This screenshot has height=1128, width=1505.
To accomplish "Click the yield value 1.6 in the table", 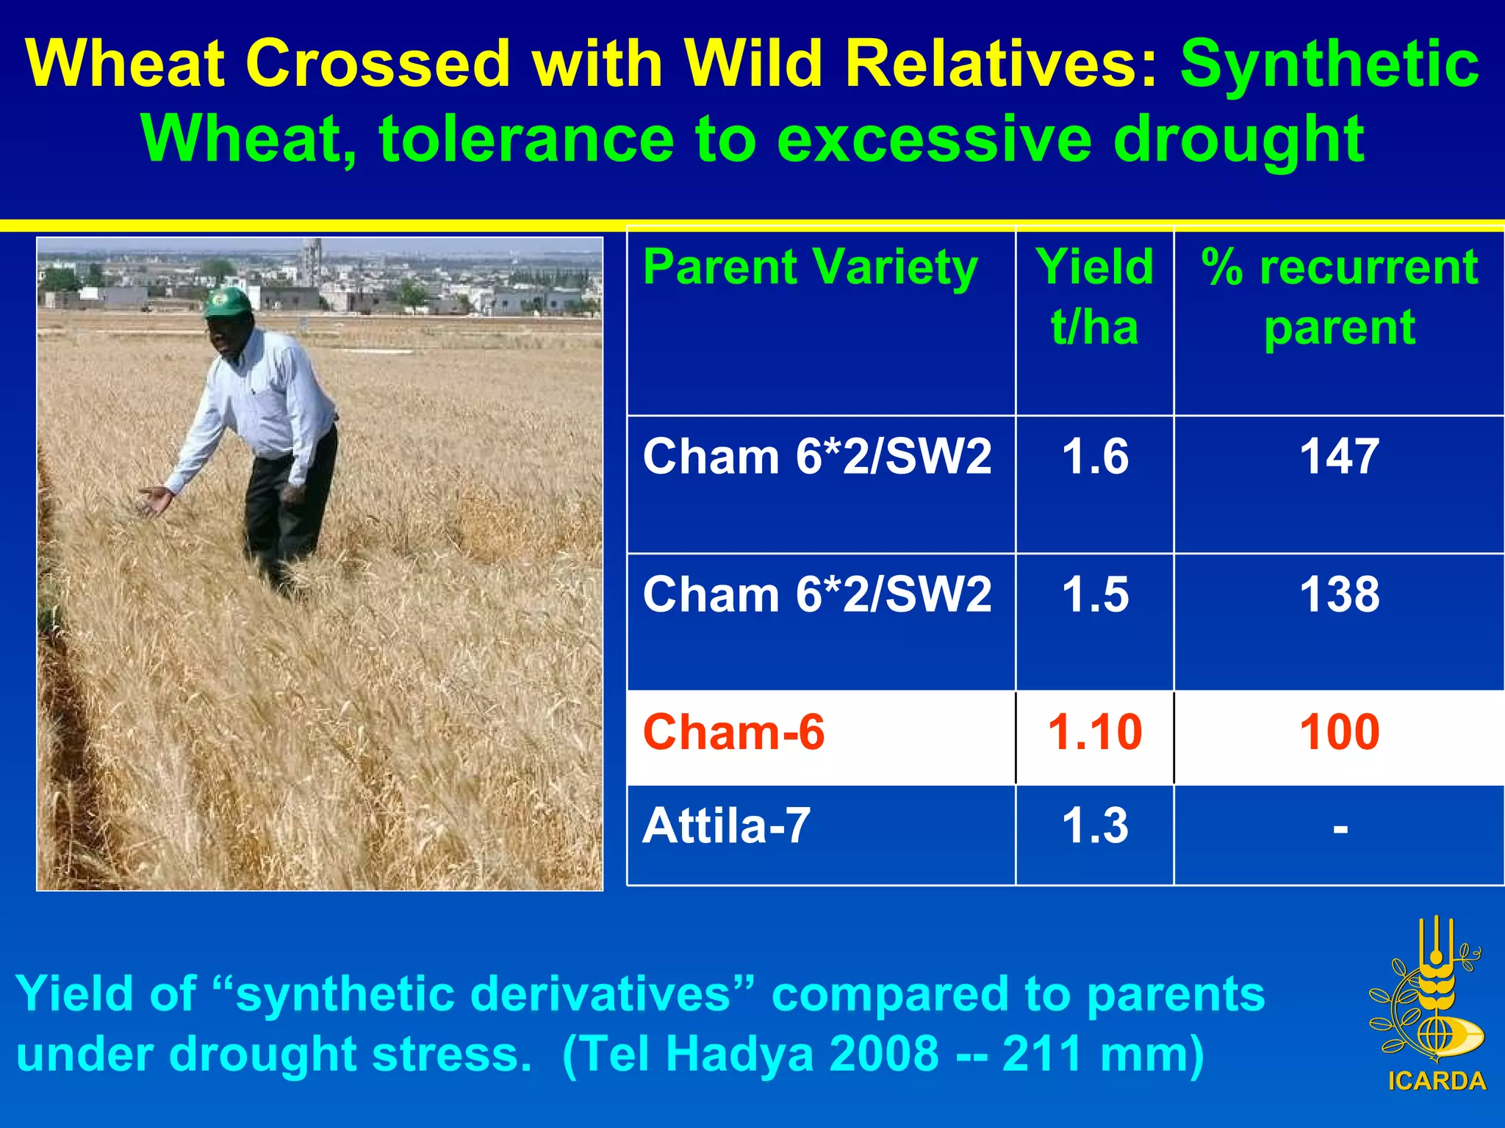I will coord(1095,456).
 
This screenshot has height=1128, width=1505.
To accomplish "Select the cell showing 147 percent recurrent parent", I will coord(1339,456).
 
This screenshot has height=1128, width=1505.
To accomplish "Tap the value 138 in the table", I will coord(1339,594).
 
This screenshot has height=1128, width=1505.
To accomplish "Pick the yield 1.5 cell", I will coord(1095,594).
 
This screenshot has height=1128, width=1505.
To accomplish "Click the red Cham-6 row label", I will coord(733,732).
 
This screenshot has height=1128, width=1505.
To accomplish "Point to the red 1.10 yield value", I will coord(1095,732).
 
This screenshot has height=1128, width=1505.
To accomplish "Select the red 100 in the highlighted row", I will coord(1339,732).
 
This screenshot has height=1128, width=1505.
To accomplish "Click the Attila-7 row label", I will coord(726,825).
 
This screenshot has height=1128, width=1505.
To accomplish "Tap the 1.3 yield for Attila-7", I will coord(1095,825).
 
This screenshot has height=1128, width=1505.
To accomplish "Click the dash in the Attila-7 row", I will coord(1340,829).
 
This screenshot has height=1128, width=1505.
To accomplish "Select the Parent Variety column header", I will coord(810,267).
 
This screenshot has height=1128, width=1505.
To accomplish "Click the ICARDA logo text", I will coord(1437,1081).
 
